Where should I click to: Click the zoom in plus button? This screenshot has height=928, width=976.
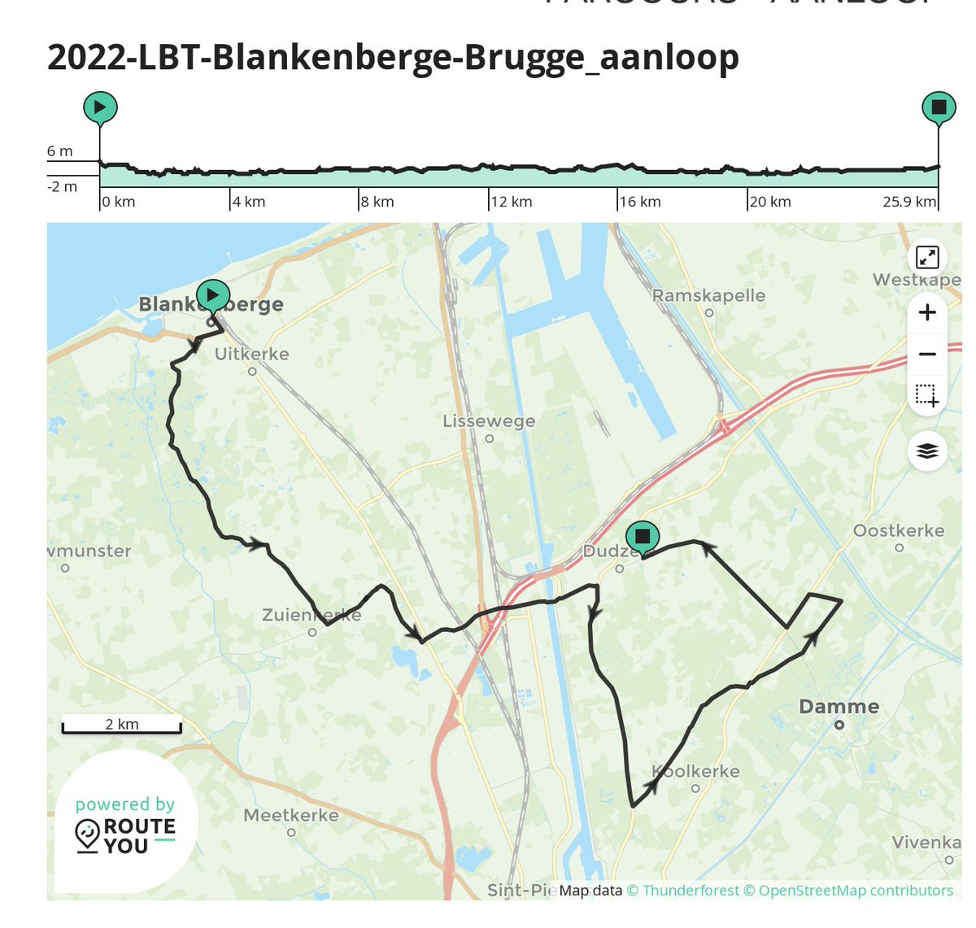(927, 313)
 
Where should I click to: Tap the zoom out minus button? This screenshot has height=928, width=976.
(927, 355)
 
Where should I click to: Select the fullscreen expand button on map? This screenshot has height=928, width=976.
(927, 257)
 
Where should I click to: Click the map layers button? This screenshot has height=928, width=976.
(927, 451)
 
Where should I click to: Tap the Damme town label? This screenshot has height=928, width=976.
(839, 707)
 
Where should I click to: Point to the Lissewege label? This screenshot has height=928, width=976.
(489, 421)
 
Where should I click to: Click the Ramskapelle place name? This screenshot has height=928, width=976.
(708, 295)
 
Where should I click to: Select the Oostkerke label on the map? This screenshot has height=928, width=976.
(898, 531)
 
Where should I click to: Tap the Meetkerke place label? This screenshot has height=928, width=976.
(291, 815)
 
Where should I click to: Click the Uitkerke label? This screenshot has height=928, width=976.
(251, 354)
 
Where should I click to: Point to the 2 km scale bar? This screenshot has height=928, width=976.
(122, 725)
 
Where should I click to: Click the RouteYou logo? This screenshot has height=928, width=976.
(125, 826)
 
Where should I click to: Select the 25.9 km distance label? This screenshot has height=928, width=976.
(908, 202)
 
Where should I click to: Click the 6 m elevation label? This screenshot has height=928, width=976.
(60, 151)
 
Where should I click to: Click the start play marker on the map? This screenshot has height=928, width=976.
(213, 294)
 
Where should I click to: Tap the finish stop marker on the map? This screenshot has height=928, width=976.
(643, 537)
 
